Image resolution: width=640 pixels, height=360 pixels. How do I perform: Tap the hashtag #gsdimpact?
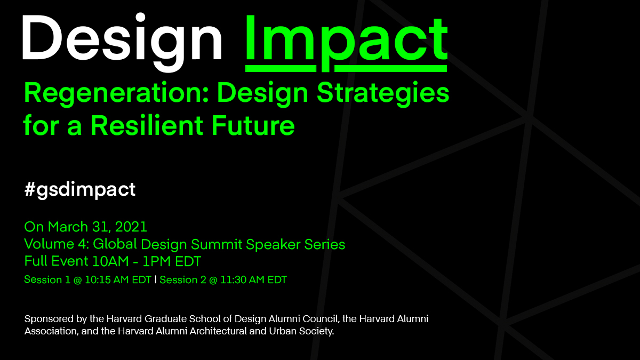click(x=80, y=189)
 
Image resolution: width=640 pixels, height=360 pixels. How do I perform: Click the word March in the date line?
click(x=66, y=227)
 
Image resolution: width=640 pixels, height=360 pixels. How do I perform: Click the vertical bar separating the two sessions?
click(x=156, y=280)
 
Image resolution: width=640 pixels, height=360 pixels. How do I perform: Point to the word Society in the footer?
click(x=316, y=331)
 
